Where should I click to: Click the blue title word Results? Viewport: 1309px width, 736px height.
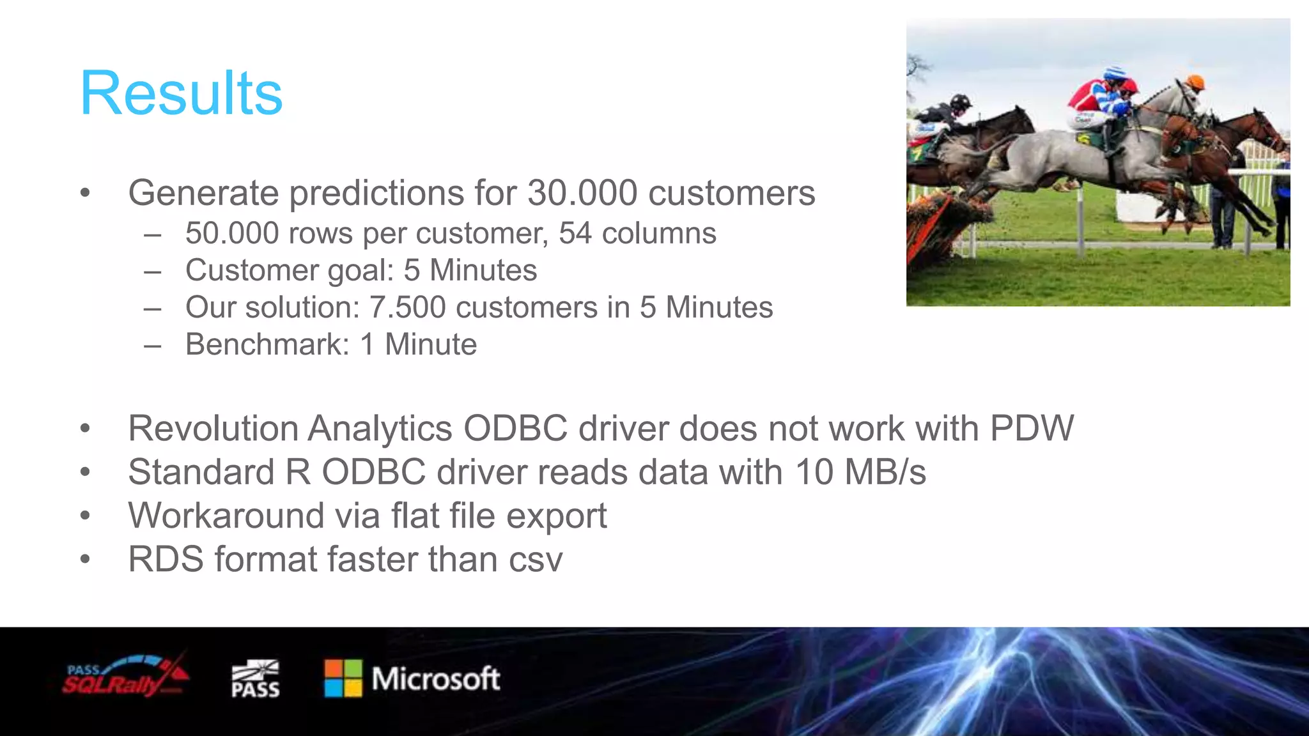182,94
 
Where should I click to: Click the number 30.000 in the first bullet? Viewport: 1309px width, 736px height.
582,193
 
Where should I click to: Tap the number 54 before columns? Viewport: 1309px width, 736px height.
575,233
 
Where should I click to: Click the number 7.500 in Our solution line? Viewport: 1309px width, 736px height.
407,307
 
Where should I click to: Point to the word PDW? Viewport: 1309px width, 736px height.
1032,428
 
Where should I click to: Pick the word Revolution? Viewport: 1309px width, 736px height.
213,428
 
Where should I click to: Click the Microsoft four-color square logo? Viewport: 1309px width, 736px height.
343,678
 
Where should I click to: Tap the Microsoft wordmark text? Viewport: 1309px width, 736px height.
436,678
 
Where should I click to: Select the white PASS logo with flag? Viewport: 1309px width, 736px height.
255,678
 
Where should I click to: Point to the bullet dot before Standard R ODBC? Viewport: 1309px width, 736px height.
86,473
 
